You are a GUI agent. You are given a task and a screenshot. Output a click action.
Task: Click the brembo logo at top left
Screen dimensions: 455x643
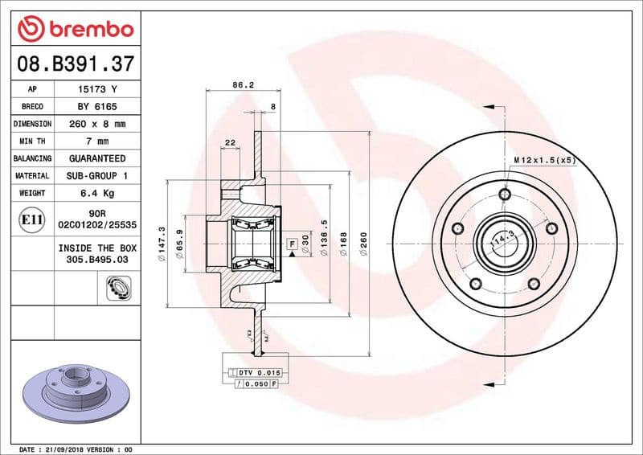coord(76,28)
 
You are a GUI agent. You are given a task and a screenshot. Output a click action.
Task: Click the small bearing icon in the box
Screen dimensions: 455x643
coord(117,286)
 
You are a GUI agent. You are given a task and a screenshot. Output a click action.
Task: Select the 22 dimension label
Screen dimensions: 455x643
coord(230,142)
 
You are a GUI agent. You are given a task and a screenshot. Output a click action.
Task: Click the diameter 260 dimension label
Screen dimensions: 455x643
coord(364,242)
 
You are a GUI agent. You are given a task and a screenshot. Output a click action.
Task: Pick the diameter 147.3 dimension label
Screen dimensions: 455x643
coord(163,241)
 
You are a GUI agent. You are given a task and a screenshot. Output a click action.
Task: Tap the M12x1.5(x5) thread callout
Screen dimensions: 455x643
coord(545,161)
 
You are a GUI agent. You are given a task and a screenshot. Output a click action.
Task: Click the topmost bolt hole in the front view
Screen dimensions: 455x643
coord(505,195)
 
